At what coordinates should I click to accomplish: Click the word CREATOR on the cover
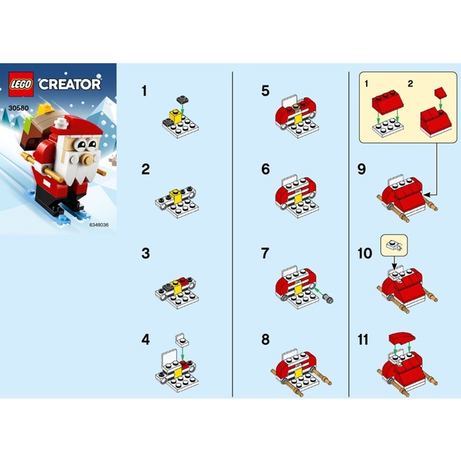[x=69, y=84]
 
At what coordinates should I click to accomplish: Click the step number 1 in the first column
[x=144, y=90]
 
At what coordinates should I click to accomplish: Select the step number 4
[x=145, y=340]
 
